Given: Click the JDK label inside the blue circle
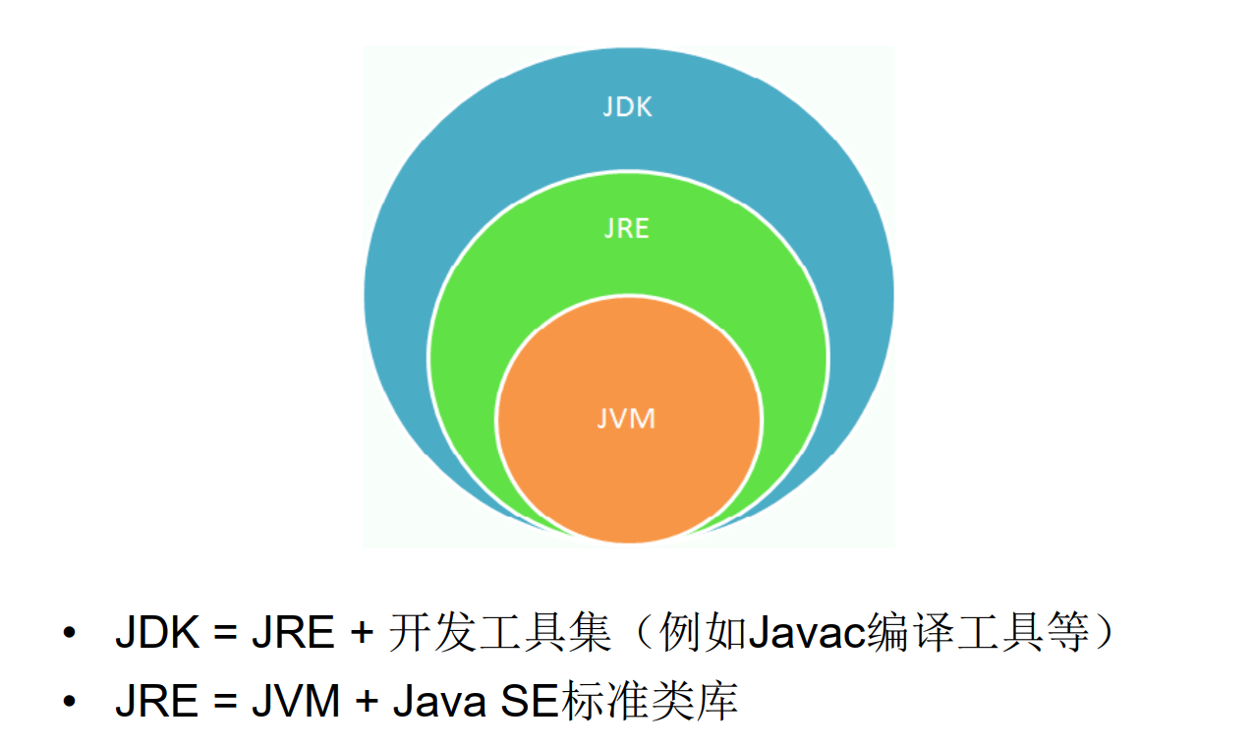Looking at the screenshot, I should pyautogui.click(x=627, y=106).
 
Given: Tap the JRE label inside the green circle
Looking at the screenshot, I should pyautogui.click(x=627, y=228).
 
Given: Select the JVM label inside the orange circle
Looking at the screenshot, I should pyautogui.click(x=626, y=418).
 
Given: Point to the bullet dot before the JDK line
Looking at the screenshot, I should pyautogui.click(x=69, y=634).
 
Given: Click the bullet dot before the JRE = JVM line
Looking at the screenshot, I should pyautogui.click(x=69, y=702).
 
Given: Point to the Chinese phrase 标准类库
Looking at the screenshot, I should pyautogui.click(x=650, y=702).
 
